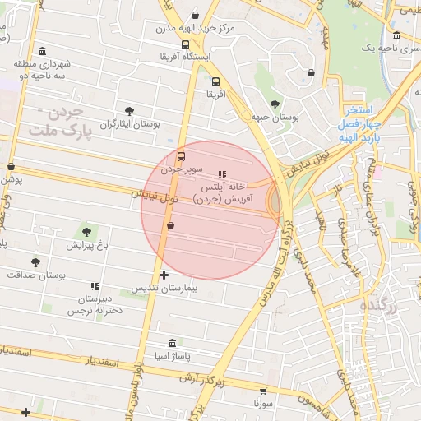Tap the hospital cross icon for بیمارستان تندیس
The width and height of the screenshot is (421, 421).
pos(164,275)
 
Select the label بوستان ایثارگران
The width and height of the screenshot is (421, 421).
pos(129,125)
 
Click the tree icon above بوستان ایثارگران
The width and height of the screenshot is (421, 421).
pos(129,111)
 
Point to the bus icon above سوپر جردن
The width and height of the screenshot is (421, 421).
pos(181,155)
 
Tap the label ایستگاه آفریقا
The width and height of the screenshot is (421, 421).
pos(185,57)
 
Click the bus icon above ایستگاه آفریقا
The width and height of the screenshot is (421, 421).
pos(185,44)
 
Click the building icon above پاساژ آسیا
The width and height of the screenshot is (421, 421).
pos(171,343)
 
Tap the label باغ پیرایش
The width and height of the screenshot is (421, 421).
pos(87,246)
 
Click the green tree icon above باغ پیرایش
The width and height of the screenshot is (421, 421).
pos(87,233)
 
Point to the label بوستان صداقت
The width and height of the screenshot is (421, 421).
pos(35,275)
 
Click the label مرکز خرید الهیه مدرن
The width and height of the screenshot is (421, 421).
pos(195,28)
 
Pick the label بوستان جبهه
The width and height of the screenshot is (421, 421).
pos(275,118)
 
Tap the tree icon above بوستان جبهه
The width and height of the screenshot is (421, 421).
pos(275,104)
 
